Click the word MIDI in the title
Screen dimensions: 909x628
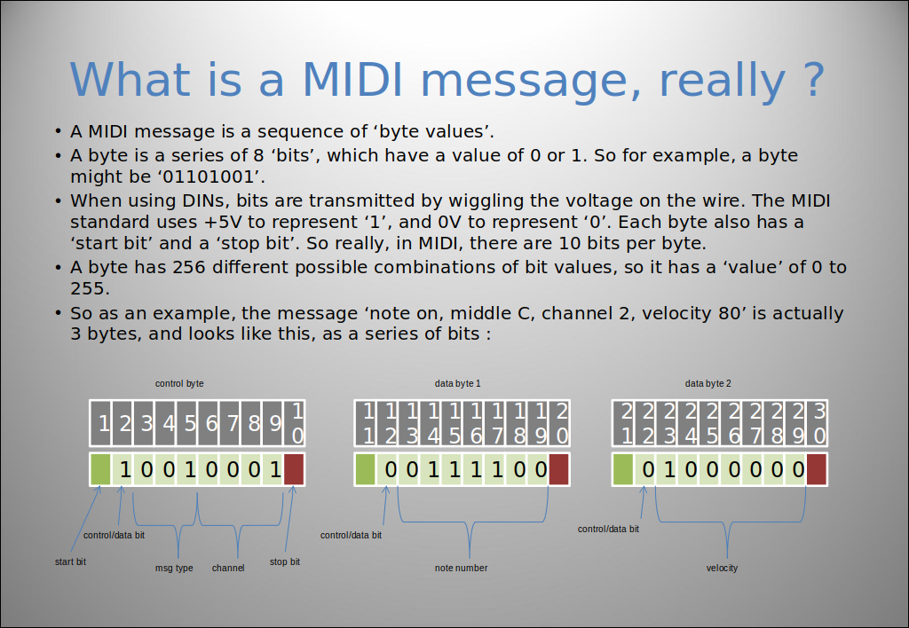coord(352,79)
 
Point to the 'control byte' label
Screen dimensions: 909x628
coord(179,383)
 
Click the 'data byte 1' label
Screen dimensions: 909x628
coord(457,383)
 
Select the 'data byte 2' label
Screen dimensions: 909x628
coord(707,383)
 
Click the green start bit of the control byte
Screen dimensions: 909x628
coord(100,469)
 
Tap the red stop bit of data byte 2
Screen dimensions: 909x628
coord(817,469)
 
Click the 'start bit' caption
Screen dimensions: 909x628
coord(70,561)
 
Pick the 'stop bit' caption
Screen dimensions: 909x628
coord(285,561)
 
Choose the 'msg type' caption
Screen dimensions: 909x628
coord(174,568)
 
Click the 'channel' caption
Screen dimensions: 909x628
coord(228,568)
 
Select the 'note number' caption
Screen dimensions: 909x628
coord(461,568)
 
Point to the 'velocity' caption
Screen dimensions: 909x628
coord(722,568)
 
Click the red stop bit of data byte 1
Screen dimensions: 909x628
coord(559,469)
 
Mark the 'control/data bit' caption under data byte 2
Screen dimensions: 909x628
coord(608,529)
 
